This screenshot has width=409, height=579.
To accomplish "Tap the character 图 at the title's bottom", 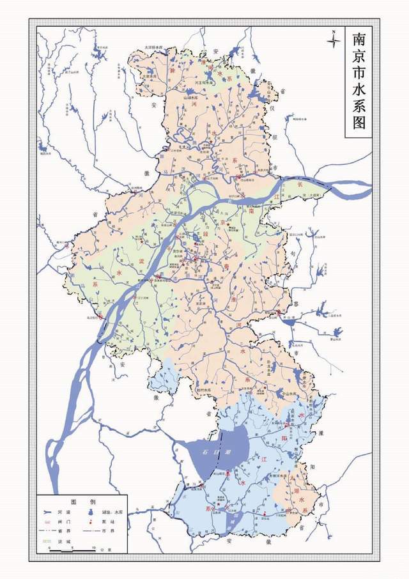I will click(357, 124).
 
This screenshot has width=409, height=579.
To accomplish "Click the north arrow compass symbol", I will click(332, 40).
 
